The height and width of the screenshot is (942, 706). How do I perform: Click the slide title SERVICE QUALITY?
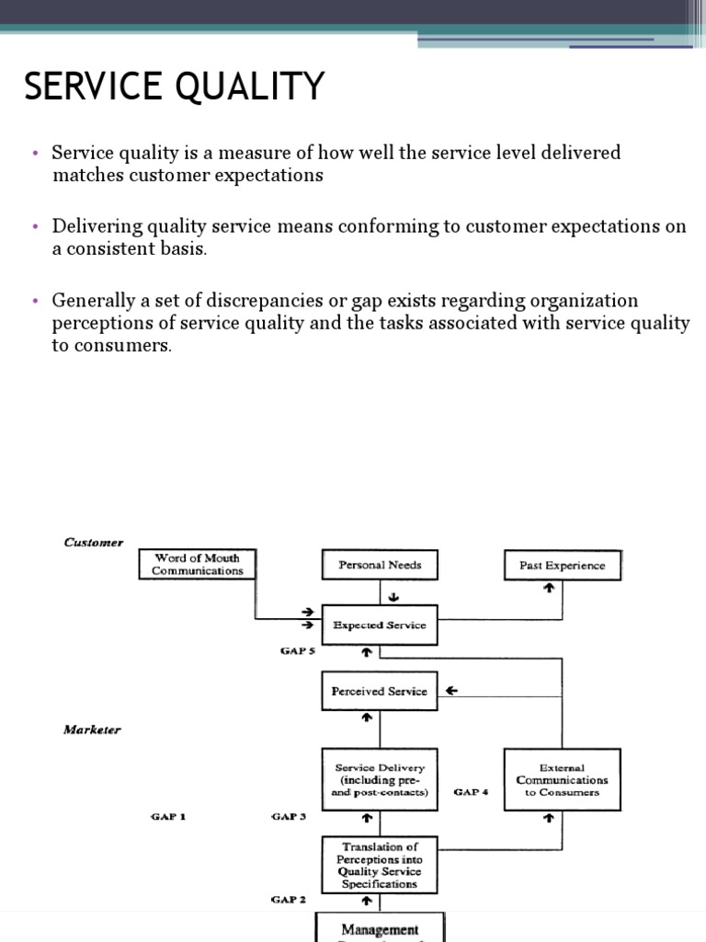pyautogui.click(x=174, y=87)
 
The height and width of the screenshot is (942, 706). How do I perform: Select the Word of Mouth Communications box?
pyautogui.click(x=197, y=565)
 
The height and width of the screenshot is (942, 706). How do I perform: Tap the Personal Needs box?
pyautogui.click(x=380, y=565)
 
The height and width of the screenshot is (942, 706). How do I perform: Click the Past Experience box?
pyautogui.click(x=562, y=566)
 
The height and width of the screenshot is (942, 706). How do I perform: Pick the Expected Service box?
pyautogui.click(x=380, y=625)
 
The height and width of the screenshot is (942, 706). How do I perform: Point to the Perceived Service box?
pyautogui.click(x=380, y=691)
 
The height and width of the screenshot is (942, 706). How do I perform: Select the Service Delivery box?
pyautogui.click(x=380, y=779)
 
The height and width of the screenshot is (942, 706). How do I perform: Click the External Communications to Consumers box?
pyautogui.click(x=562, y=779)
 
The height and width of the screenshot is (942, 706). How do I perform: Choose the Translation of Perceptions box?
pyautogui.click(x=380, y=866)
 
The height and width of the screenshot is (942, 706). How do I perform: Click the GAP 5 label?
pyautogui.click(x=298, y=650)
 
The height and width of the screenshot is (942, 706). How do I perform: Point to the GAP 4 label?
pyautogui.click(x=471, y=791)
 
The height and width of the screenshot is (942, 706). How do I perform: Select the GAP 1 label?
pyautogui.click(x=167, y=816)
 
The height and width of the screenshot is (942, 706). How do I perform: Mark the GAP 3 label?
pyautogui.click(x=289, y=816)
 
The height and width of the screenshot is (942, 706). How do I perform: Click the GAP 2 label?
pyautogui.click(x=289, y=899)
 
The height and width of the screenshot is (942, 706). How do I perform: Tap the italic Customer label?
pyautogui.click(x=93, y=543)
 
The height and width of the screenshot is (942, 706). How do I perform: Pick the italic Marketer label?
pyautogui.click(x=92, y=729)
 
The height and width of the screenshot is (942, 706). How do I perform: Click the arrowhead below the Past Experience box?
pyautogui.click(x=549, y=588)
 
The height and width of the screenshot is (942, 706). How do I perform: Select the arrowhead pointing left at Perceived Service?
pyautogui.click(x=451, y=691)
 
